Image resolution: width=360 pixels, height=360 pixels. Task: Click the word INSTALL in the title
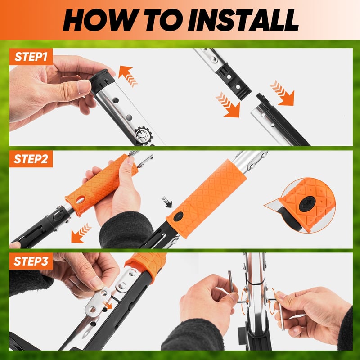click(243, 20)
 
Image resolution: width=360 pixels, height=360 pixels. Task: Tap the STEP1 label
click(31, 57)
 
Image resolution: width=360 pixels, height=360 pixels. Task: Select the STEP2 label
click(31, 159)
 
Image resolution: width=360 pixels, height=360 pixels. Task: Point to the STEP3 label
click(31, 261)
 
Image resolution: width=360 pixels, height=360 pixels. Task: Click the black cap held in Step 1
click(102, 81)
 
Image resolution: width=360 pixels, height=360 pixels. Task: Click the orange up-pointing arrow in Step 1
click(128, 76)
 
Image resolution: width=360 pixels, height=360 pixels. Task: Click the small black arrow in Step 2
click(167, 202)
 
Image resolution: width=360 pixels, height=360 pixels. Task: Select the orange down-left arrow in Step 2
click(81, 233)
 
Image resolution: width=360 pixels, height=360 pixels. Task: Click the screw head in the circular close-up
click(307, 204)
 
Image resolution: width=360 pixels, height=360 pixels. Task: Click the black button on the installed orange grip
click(178, 216)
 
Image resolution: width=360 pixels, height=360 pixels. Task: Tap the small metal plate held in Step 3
click(98, 301)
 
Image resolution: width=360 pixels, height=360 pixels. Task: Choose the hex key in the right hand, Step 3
click(280, 312)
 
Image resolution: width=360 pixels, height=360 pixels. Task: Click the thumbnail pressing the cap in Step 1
click(84, 86)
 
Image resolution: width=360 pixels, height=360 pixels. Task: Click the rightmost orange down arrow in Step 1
click(283, 93)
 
